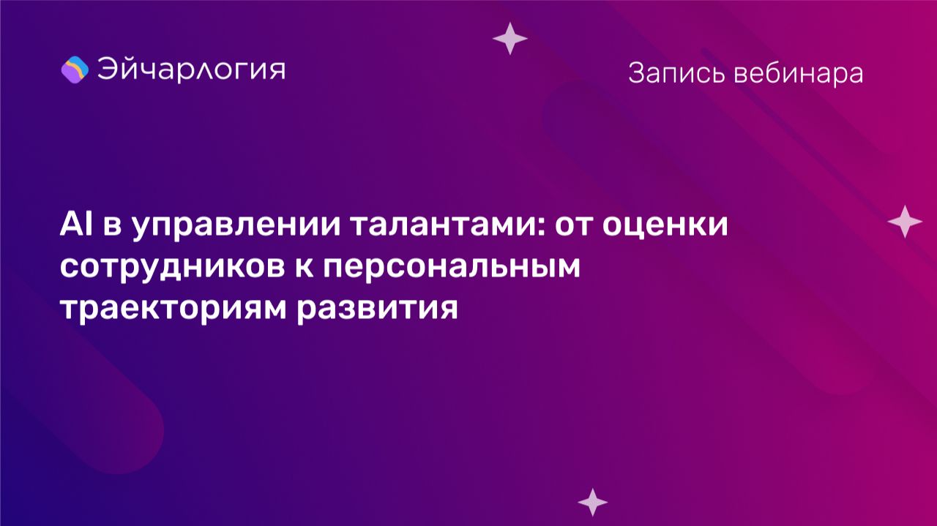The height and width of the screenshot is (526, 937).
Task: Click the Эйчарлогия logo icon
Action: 75,69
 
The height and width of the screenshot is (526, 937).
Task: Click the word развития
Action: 378,308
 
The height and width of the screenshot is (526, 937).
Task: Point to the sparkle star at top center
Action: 510,39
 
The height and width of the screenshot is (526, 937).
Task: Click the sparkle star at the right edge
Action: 905,221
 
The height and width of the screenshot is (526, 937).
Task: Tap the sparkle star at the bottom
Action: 592,502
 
